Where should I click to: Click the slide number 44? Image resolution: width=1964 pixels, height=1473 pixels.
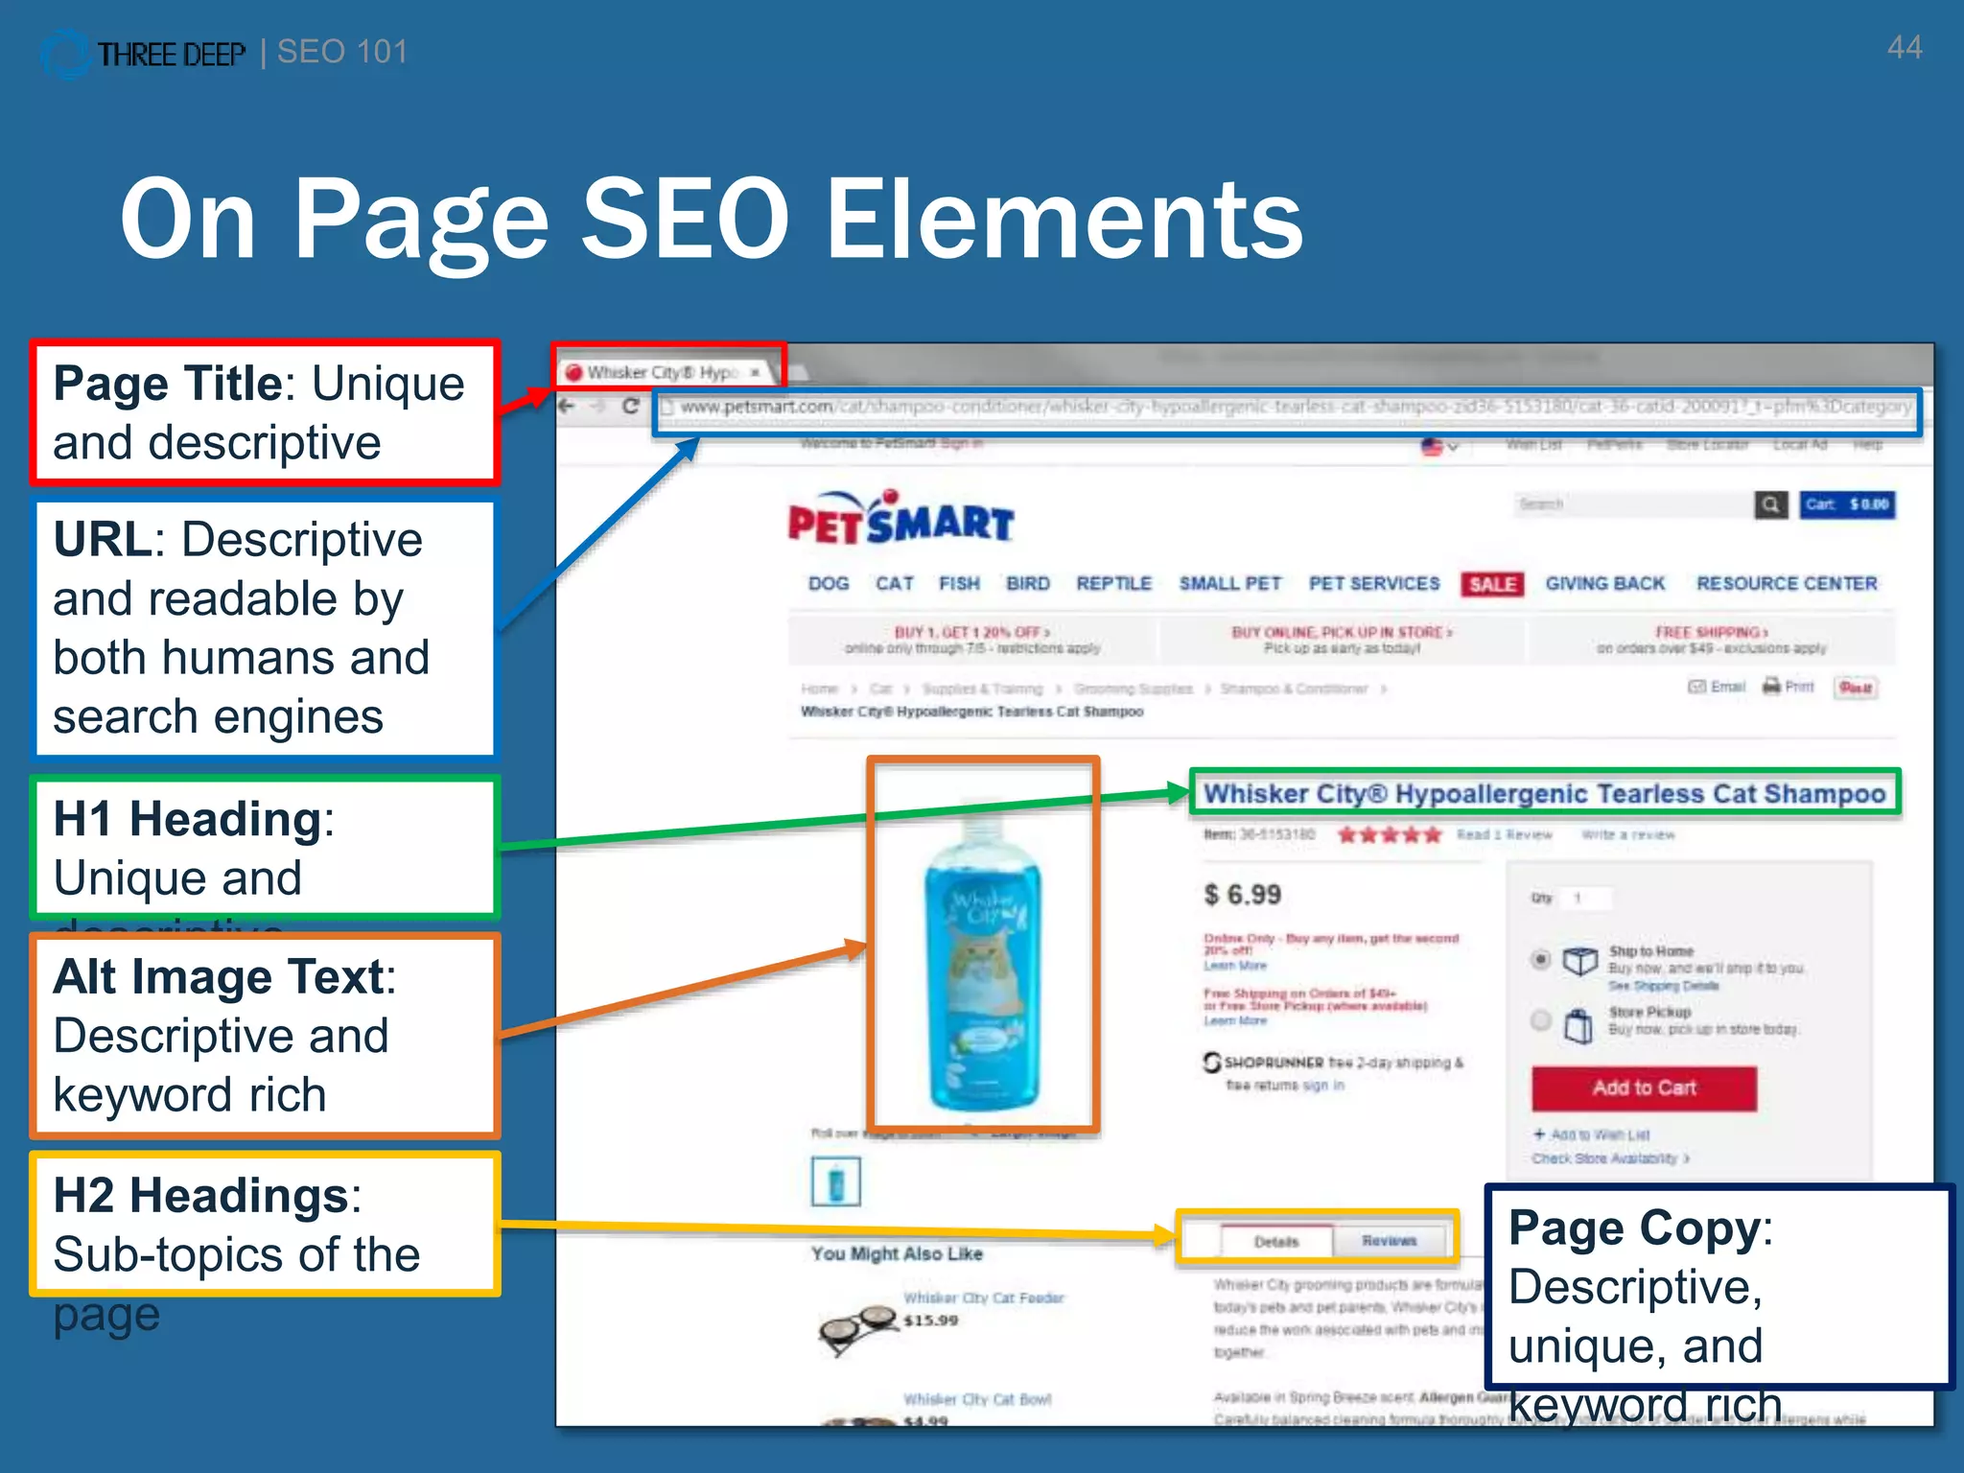click(1904, 48)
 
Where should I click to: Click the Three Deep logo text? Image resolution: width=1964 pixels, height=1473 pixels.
click(171, 55)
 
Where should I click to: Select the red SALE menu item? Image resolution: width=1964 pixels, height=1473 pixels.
click(1492, 584)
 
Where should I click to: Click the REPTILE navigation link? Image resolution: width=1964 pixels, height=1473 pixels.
click(1112, 583)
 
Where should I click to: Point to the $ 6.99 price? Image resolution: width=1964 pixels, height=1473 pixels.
click(1242, 895)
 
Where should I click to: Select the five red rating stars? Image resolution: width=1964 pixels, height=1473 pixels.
click(1389, 834)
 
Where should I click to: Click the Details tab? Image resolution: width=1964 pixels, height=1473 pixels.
click(1276, 1241)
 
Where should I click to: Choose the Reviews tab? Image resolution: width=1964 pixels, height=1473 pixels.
click(1389, 1240)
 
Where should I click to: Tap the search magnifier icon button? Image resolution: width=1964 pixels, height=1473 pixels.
click(1770, 503)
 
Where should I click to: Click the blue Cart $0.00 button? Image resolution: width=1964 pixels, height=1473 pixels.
click(1847, 503)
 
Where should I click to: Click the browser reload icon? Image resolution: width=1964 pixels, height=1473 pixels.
click(630, 406)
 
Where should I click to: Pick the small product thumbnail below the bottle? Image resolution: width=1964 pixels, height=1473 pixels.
click(835, 1181)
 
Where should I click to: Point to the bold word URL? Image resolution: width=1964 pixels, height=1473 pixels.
click(102, 539)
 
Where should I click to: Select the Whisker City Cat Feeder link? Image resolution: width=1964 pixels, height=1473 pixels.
click(983, 1298)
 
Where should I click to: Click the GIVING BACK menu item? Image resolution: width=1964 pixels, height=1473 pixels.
click(1604, 583)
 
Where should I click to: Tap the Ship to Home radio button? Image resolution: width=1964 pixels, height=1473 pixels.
click(1540, 959)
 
